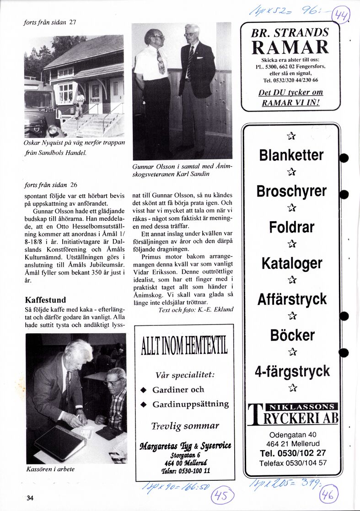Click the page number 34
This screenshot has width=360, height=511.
coord(30,498)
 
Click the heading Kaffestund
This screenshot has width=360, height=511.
coord(45,300)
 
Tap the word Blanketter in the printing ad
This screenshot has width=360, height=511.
coord(291,155)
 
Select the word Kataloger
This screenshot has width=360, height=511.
coord(292,263)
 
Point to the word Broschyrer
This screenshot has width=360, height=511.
coord(291,191)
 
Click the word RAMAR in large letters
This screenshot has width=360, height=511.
coord(290,47)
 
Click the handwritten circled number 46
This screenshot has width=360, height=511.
coord(329,495)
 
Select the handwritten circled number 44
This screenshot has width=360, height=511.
coord(340,17)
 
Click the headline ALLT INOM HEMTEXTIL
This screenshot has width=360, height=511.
coord(184,347)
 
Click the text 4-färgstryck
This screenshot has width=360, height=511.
coord(292,371)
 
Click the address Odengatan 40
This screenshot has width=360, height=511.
coord(293,435)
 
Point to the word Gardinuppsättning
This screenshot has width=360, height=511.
coord(190,405)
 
